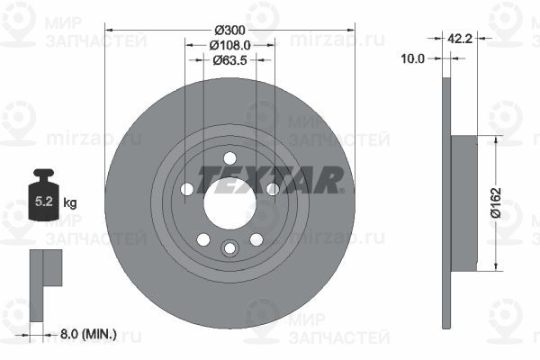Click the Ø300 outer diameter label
(229, 31)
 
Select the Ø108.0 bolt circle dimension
(229, 45)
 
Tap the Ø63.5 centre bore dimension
(229, 60)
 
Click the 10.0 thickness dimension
(412, 58)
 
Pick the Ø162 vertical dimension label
(496, 202)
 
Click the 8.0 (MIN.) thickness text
(88, 334)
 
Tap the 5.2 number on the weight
(44, 202)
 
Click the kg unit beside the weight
(70, 202)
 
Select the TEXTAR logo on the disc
(270, 180)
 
